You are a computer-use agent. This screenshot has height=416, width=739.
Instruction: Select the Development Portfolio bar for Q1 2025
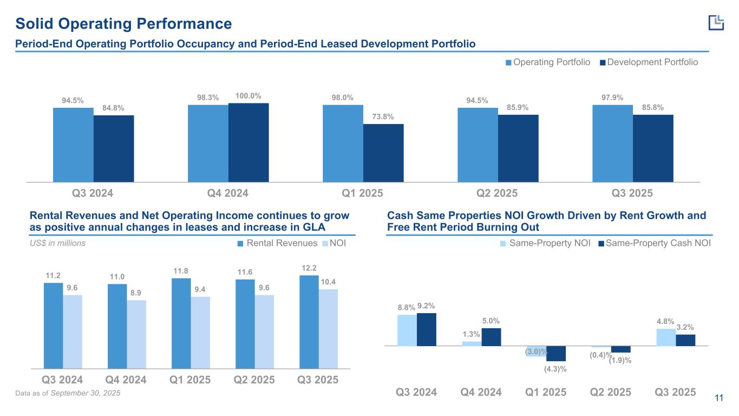pyautogui.click(x=383, y=153)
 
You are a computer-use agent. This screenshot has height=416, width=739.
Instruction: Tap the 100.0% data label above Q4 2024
pyautogui.click(x=248, y=96)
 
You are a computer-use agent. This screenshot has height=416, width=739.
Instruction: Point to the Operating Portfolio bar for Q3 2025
pyautogui.click(x=612, y=143)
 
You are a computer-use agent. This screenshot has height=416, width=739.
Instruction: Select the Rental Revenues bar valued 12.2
pyautogui.click(x=309, y=322)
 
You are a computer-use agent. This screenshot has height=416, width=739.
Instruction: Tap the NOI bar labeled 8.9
pyautogui.click(x=136, y=334)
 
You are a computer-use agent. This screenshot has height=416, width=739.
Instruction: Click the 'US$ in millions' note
pyautogui.click(x=57, y=243)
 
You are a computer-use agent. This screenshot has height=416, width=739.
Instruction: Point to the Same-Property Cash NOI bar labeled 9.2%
pyautogui.click(x=427, y=329)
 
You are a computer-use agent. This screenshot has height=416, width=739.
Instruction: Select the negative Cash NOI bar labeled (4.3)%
pyautogui.click(x=556, y=353)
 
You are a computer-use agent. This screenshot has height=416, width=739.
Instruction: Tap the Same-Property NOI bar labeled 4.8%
pyautogui.click(x=666, y=336)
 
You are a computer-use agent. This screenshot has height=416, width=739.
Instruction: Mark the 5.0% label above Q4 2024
pyautogui.click(x=491, y=321)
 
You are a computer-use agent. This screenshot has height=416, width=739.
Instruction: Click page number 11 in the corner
pyautogui.click(x=719, y=399)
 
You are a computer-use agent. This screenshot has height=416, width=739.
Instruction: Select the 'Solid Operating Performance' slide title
pyautogui.click(x=123, y=24)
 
